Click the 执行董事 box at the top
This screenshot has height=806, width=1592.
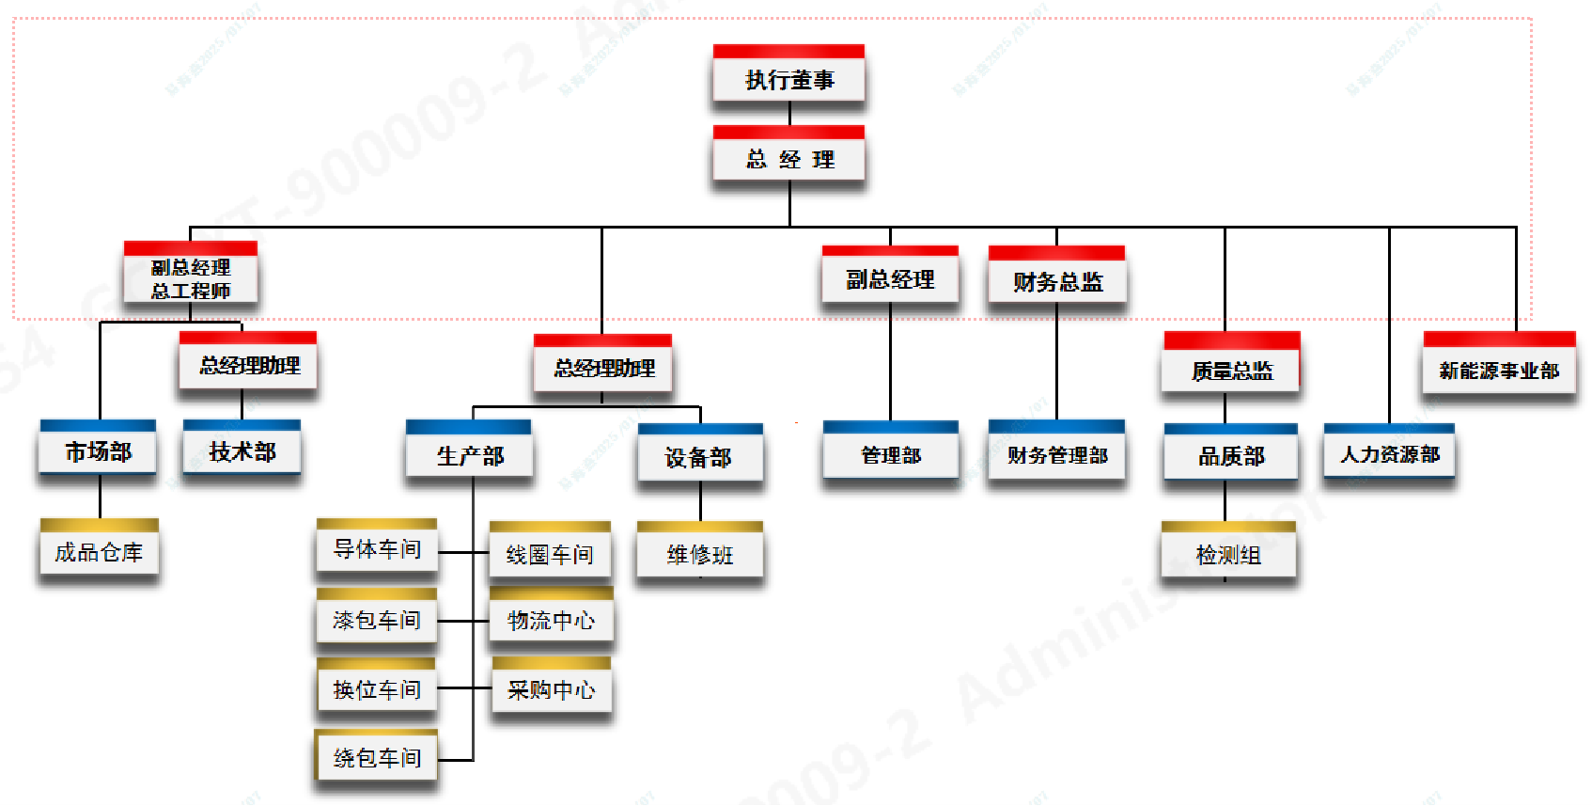[788, 79]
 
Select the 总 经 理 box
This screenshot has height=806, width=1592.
[788, 159]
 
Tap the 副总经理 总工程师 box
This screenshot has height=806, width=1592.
[191, 278]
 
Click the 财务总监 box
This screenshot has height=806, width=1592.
[1056, 281]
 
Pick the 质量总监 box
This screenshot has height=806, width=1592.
[1231, 371]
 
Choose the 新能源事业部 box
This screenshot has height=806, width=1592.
[1499, 371]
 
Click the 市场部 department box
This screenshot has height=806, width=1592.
[98, 451]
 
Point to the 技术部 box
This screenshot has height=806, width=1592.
[242, 451]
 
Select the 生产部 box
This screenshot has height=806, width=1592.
[469, 456]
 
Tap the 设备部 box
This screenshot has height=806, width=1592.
[699, 457]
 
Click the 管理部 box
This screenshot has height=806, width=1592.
[890, 455]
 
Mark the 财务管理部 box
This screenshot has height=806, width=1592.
[1056, 455]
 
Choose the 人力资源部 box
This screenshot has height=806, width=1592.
[1389, 454]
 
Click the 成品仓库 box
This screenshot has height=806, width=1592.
[99, 552]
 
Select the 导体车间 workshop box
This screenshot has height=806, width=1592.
[377, 548]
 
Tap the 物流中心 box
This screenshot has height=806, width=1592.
[551, 620]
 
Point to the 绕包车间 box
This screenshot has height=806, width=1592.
[377, 757]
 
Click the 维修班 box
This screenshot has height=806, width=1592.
[699, 554]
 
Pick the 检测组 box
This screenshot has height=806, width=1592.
[1228, 555]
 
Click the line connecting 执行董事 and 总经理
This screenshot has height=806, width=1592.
[789, 113]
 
